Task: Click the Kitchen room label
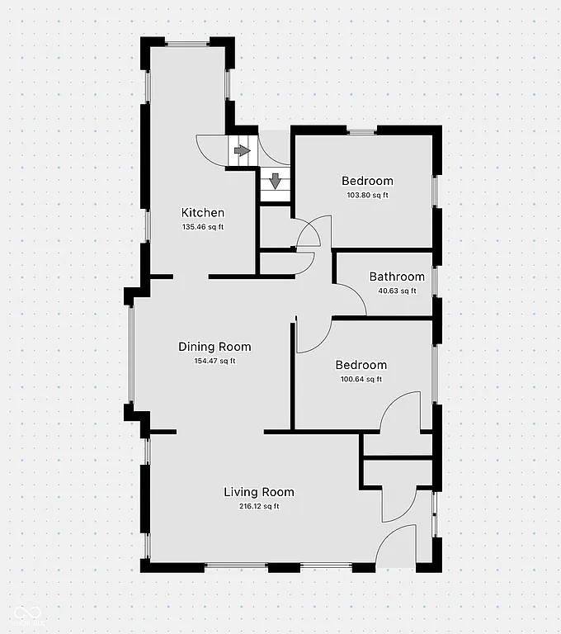pos(203,213)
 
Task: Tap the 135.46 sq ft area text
pos(203,227)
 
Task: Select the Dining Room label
pos(214,347)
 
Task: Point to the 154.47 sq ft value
pos(214,361)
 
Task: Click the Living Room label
pos(259,492)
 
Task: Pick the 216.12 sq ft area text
pos(259,506)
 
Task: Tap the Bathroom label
pos(397,277)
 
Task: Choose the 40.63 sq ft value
pos(397,291)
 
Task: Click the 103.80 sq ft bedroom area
pos(367,195)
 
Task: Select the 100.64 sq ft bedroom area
pos(361,379)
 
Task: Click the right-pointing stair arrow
pos(241,151)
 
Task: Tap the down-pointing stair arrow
pos(275,180)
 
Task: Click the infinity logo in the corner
pos(26,612)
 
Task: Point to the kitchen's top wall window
pos(187,43)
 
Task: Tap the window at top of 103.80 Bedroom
pos(362,130)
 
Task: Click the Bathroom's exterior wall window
pos(436,282)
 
